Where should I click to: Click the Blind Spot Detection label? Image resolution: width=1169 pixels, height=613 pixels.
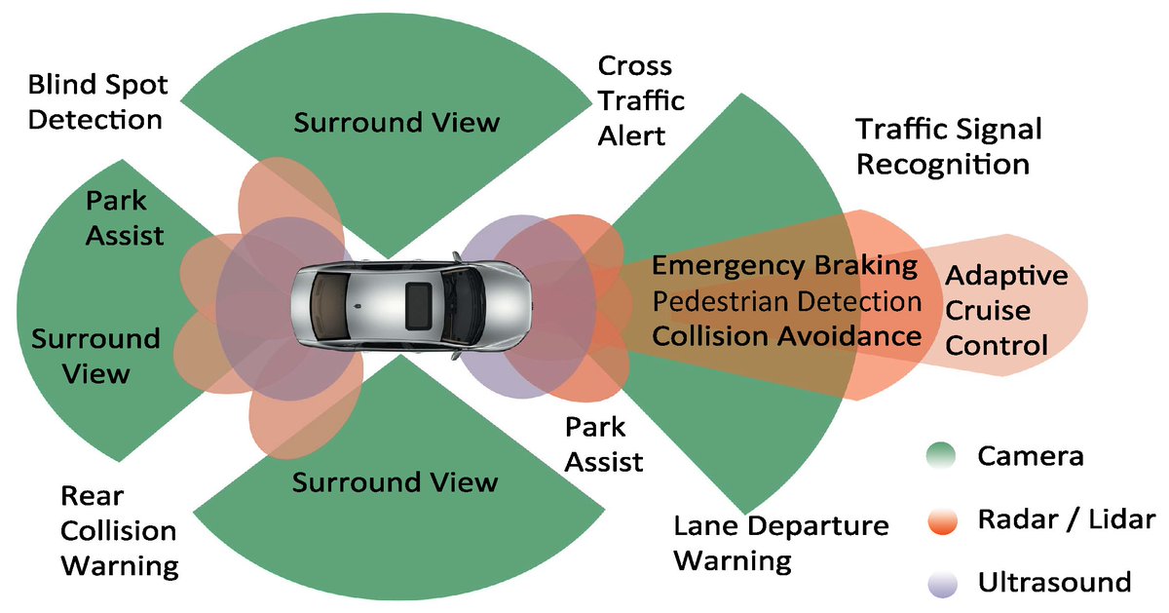pos(97,102)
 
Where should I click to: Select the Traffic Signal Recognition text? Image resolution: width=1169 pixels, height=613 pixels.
pos(948,146)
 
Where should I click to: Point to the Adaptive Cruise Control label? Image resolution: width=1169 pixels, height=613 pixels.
pos(1005,311)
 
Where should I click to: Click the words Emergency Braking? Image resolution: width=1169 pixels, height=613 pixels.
pos(785,265)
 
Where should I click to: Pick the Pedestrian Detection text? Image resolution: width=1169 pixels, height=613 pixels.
pos(788,301)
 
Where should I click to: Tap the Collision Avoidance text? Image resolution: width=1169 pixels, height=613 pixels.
pos(786,336)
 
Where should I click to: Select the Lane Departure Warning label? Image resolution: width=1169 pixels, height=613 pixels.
pos(781,544)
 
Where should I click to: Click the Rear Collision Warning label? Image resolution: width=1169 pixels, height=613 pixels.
pos(119,531)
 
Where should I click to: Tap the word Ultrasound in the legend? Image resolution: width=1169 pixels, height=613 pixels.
pos(1053,583)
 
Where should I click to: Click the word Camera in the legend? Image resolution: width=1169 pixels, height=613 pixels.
pos(1030,456)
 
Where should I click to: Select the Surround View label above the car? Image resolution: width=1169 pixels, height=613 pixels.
pos(396,123)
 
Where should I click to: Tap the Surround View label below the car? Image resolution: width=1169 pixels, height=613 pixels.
pos(396,481)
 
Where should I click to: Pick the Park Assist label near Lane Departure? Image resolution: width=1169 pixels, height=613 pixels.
pos(604,444)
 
